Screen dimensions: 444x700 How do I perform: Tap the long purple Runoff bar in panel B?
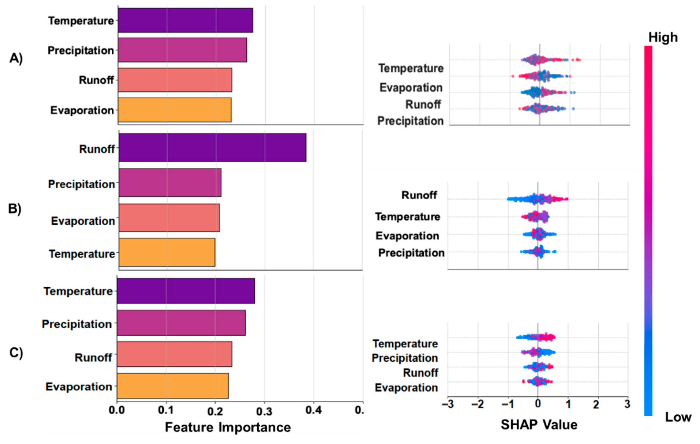point(212,148)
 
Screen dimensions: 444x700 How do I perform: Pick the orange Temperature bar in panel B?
point(167,252)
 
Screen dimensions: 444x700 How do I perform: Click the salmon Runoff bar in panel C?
point(174,354)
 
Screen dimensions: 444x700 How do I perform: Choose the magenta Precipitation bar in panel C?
point(181,323)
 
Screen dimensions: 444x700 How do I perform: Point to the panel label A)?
point(16,58)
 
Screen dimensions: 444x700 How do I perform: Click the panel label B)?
point(15,209)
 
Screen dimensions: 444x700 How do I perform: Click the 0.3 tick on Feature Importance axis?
point(264,411)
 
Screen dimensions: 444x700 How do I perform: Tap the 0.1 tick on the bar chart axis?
point(166,411)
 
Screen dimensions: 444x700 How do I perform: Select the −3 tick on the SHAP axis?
point(448,404)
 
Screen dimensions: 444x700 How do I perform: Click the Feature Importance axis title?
point(228,427)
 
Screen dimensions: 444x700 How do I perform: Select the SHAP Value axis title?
point(539,425)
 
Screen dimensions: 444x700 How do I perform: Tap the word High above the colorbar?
point(663,37)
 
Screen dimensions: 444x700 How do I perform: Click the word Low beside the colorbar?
point(678,417)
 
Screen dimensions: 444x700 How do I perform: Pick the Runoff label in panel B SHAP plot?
point(419,195)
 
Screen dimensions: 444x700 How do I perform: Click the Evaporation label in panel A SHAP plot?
point(411,88)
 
